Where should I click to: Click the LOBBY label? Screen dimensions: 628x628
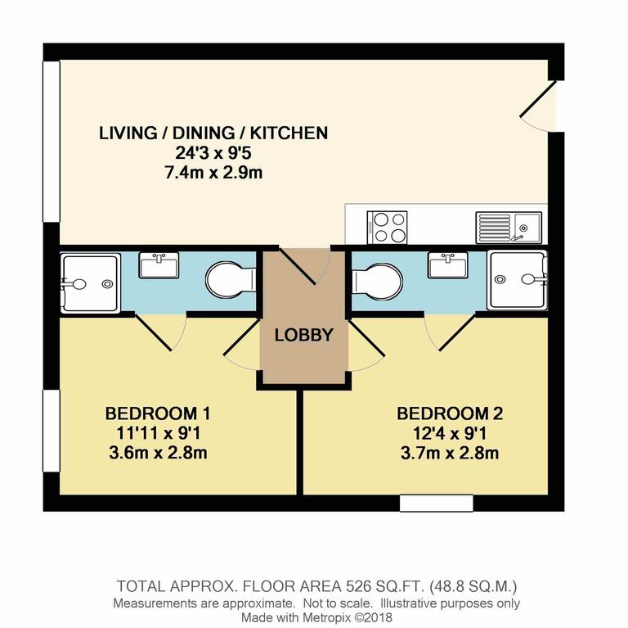(303, 335)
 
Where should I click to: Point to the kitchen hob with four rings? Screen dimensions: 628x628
(388, 227)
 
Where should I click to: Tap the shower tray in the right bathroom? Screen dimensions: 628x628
(517, 280)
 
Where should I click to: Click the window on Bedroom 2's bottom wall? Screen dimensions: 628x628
(436, 503)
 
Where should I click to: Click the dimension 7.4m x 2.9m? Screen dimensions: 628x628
(213, 173)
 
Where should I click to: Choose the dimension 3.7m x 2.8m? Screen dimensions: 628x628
(446, 453)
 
